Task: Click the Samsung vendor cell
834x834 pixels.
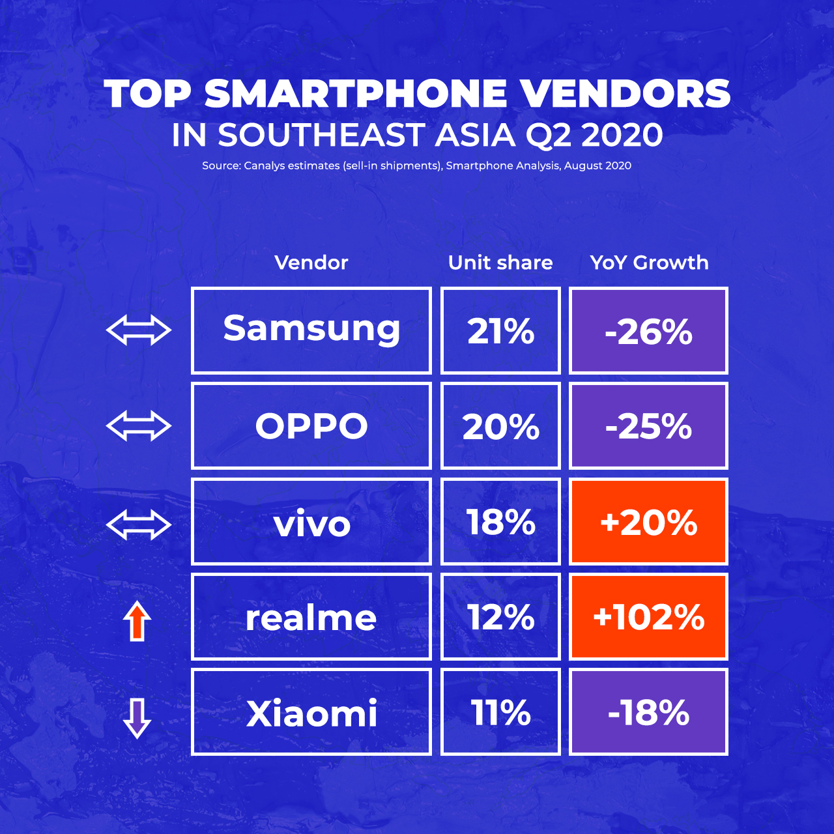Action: pyautogui.click(x=311, y=330)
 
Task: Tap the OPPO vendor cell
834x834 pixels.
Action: pyautogui.click(x=311, y=426)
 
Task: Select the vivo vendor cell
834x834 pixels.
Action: pyautogui.click(x=311, y=521)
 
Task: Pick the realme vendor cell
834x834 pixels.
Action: pyautogui.click(x=311, y=617)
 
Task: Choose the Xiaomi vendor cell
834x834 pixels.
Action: pyautogui.click(x=311, y=712)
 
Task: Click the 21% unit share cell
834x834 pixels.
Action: pyautogui.click(x=500, y=330)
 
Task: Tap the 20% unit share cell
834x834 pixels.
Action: pyautogui.click(x=500, y=426)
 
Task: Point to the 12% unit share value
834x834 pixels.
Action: pyautogui.click(x=500, y=617)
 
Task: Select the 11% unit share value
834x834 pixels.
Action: pyautogui.click(x=500, y=712)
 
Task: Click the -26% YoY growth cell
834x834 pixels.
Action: pyautogui.click(x=648, y=330)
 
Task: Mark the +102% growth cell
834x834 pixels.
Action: pyautogui.click(x=648, y=617)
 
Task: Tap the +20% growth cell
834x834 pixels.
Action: pyautogui.click(x=648, y=521)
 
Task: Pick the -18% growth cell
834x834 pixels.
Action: pyautogui.click(x=648, y=712)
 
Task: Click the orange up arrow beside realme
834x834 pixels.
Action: pyautogui.click(x=137, y=621)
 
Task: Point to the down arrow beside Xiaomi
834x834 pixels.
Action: pyautogui.click(x=137, y=717)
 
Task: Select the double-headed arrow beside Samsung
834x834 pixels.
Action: pyautogui.click(x=139, y=330)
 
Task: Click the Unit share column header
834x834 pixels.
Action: pyautogui.click(x=500, y=263)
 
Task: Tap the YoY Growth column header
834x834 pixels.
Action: pyautogui.click(x=649, y=263)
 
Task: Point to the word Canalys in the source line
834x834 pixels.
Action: pyautogui.click(x=264, y=165)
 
